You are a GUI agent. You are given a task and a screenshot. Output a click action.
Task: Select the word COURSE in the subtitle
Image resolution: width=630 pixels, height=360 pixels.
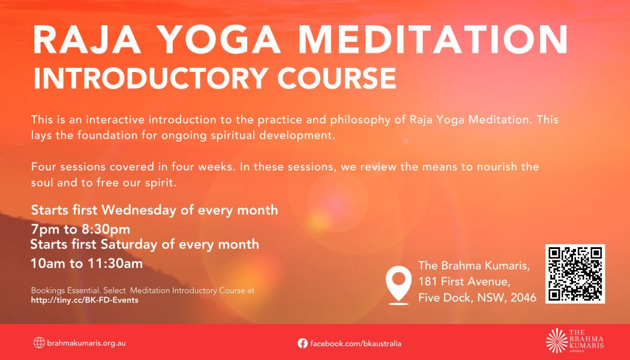(337, 78)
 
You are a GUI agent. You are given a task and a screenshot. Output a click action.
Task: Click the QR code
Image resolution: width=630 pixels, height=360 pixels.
(575, 274)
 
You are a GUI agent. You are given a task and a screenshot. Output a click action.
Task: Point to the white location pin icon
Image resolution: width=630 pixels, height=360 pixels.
(398, 284)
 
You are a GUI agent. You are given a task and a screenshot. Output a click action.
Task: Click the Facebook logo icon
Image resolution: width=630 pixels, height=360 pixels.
(302, 343)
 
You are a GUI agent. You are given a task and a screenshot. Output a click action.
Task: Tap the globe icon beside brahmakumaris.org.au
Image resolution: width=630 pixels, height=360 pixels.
(39, 343)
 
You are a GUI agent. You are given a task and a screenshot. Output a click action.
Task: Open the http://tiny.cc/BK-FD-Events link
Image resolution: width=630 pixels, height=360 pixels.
(85, 300)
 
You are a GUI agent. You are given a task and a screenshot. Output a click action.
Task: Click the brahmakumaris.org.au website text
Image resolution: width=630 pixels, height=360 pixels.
(86, 343)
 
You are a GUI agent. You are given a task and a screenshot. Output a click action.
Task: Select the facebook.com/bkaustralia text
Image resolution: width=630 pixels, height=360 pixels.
(356, 344)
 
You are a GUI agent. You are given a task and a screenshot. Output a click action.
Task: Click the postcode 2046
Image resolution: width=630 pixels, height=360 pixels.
(524, 298)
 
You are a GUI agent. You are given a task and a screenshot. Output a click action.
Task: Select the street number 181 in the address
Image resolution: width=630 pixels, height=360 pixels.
(428, 281)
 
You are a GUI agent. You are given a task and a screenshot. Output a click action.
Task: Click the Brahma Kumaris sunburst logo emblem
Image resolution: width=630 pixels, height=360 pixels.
(557, 341)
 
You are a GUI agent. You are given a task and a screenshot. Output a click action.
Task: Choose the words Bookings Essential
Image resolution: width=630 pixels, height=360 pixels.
(65, 290)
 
